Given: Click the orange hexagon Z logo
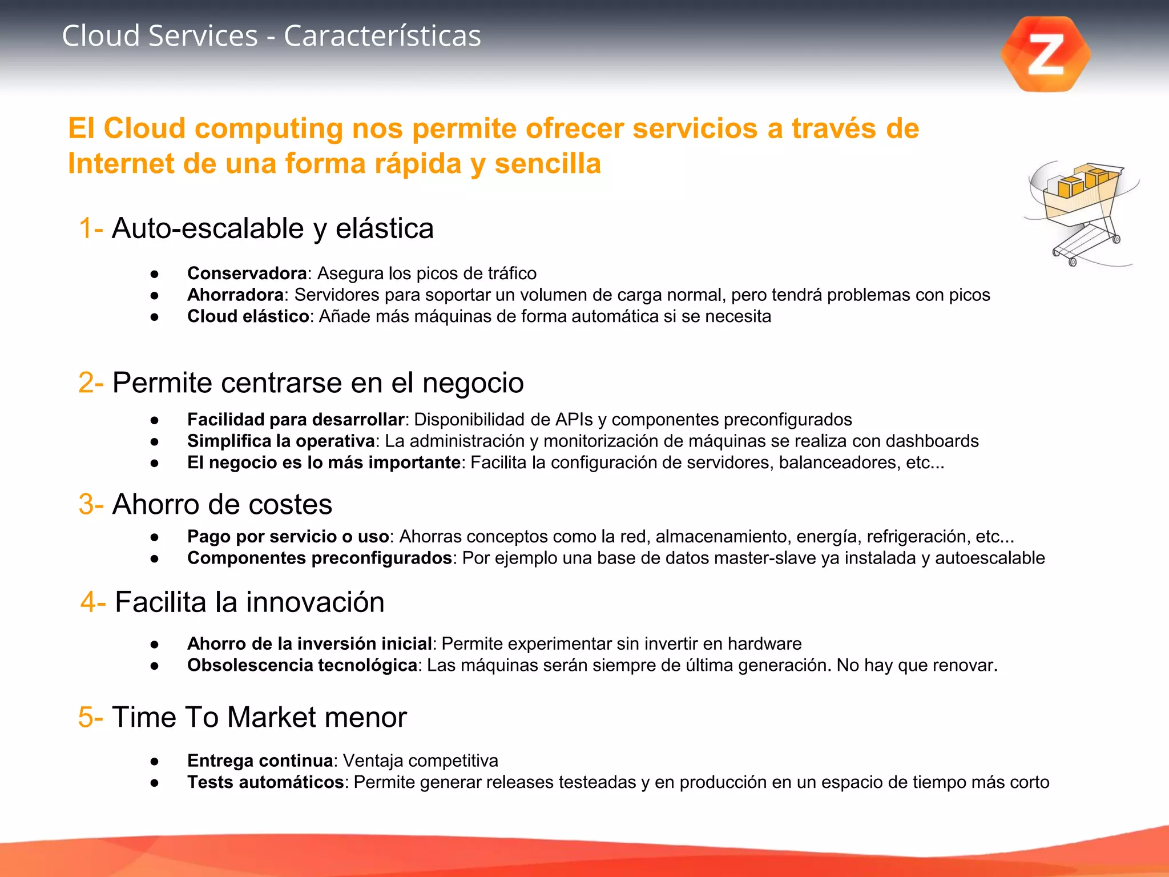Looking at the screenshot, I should click(1046, 54).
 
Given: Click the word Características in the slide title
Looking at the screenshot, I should click(382, 36).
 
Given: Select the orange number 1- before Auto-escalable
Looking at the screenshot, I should click(91, 228).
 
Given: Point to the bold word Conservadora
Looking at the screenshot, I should click(247, 273).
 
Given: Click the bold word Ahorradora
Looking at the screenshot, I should click(236, 295).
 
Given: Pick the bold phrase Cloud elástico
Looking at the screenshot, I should click(248, 316).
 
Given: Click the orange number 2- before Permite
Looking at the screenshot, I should click(91, 383).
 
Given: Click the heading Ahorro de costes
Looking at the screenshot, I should click(222, 505).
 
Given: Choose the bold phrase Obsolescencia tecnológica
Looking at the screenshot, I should click(302, 665).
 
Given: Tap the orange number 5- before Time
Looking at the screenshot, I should click(91, 717).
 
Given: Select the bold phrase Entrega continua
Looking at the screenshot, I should click(260, 761).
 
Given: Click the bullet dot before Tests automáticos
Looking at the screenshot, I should click(154, 783).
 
